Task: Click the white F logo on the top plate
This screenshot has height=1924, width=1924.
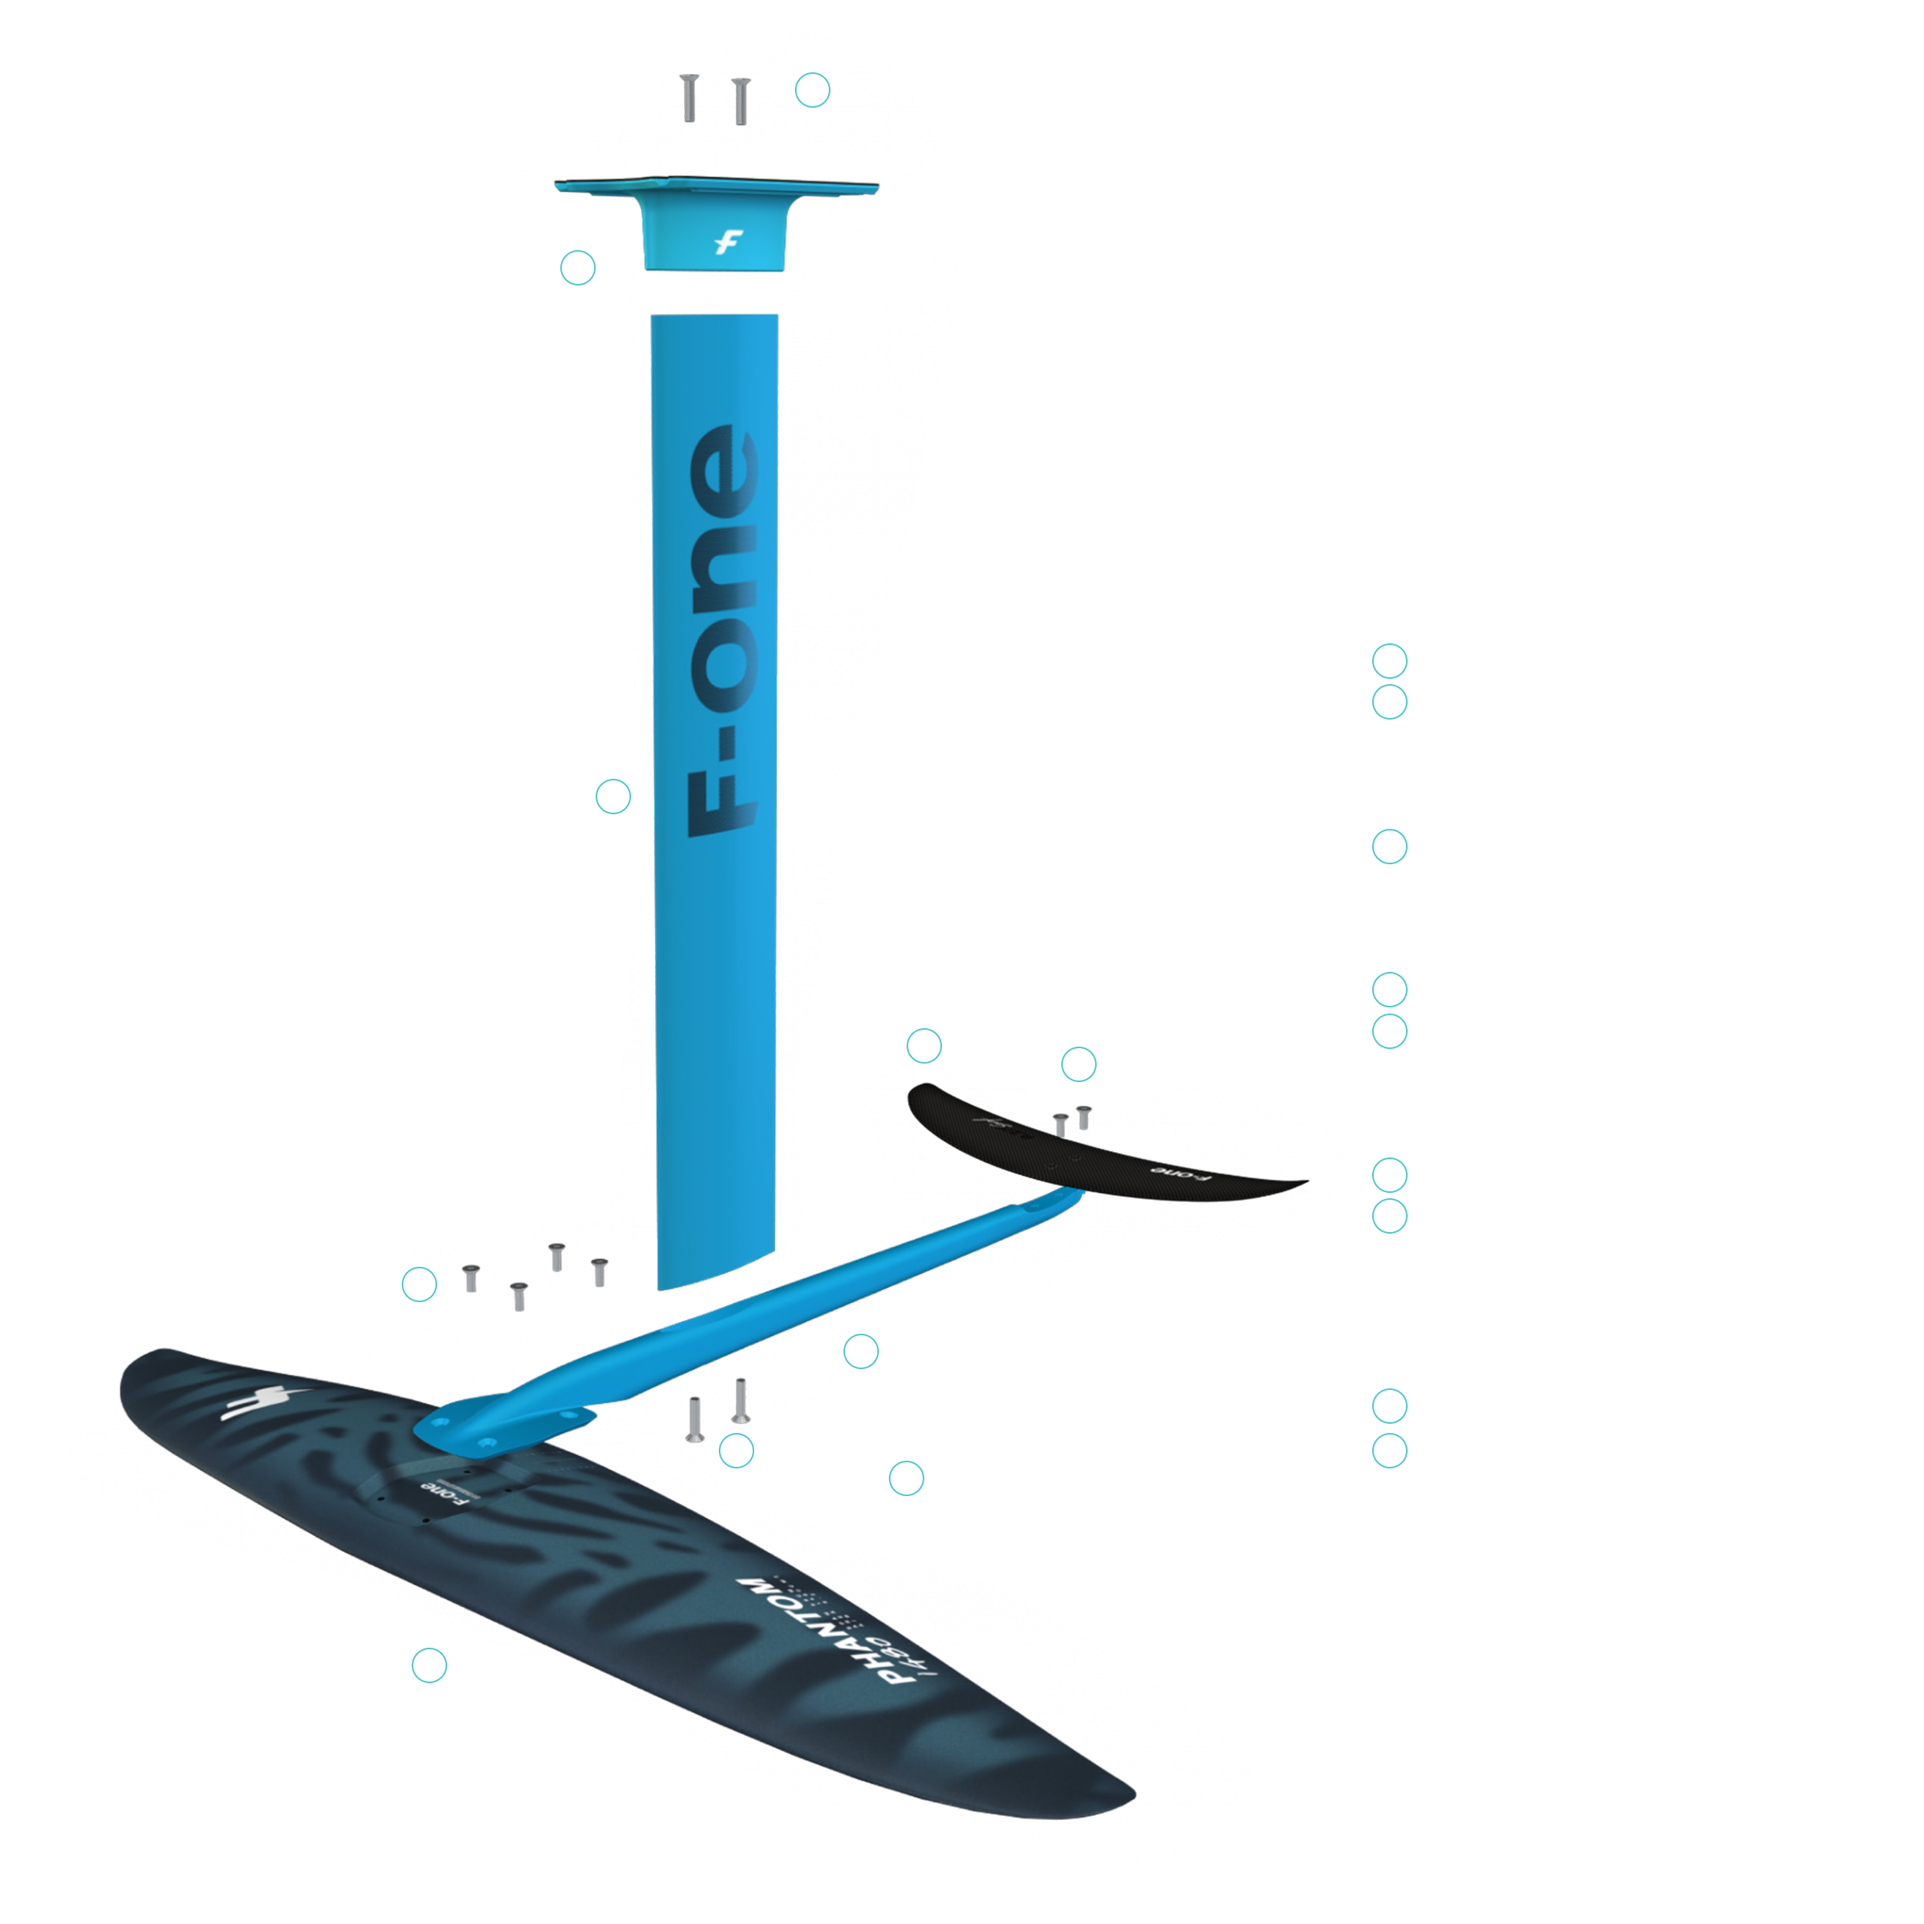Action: [729, 242]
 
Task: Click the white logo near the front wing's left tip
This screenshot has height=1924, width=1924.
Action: [254, 1405]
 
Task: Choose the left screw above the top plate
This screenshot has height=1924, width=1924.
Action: [689, 99]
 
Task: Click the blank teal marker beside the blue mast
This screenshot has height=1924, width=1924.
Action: [616, 797]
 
